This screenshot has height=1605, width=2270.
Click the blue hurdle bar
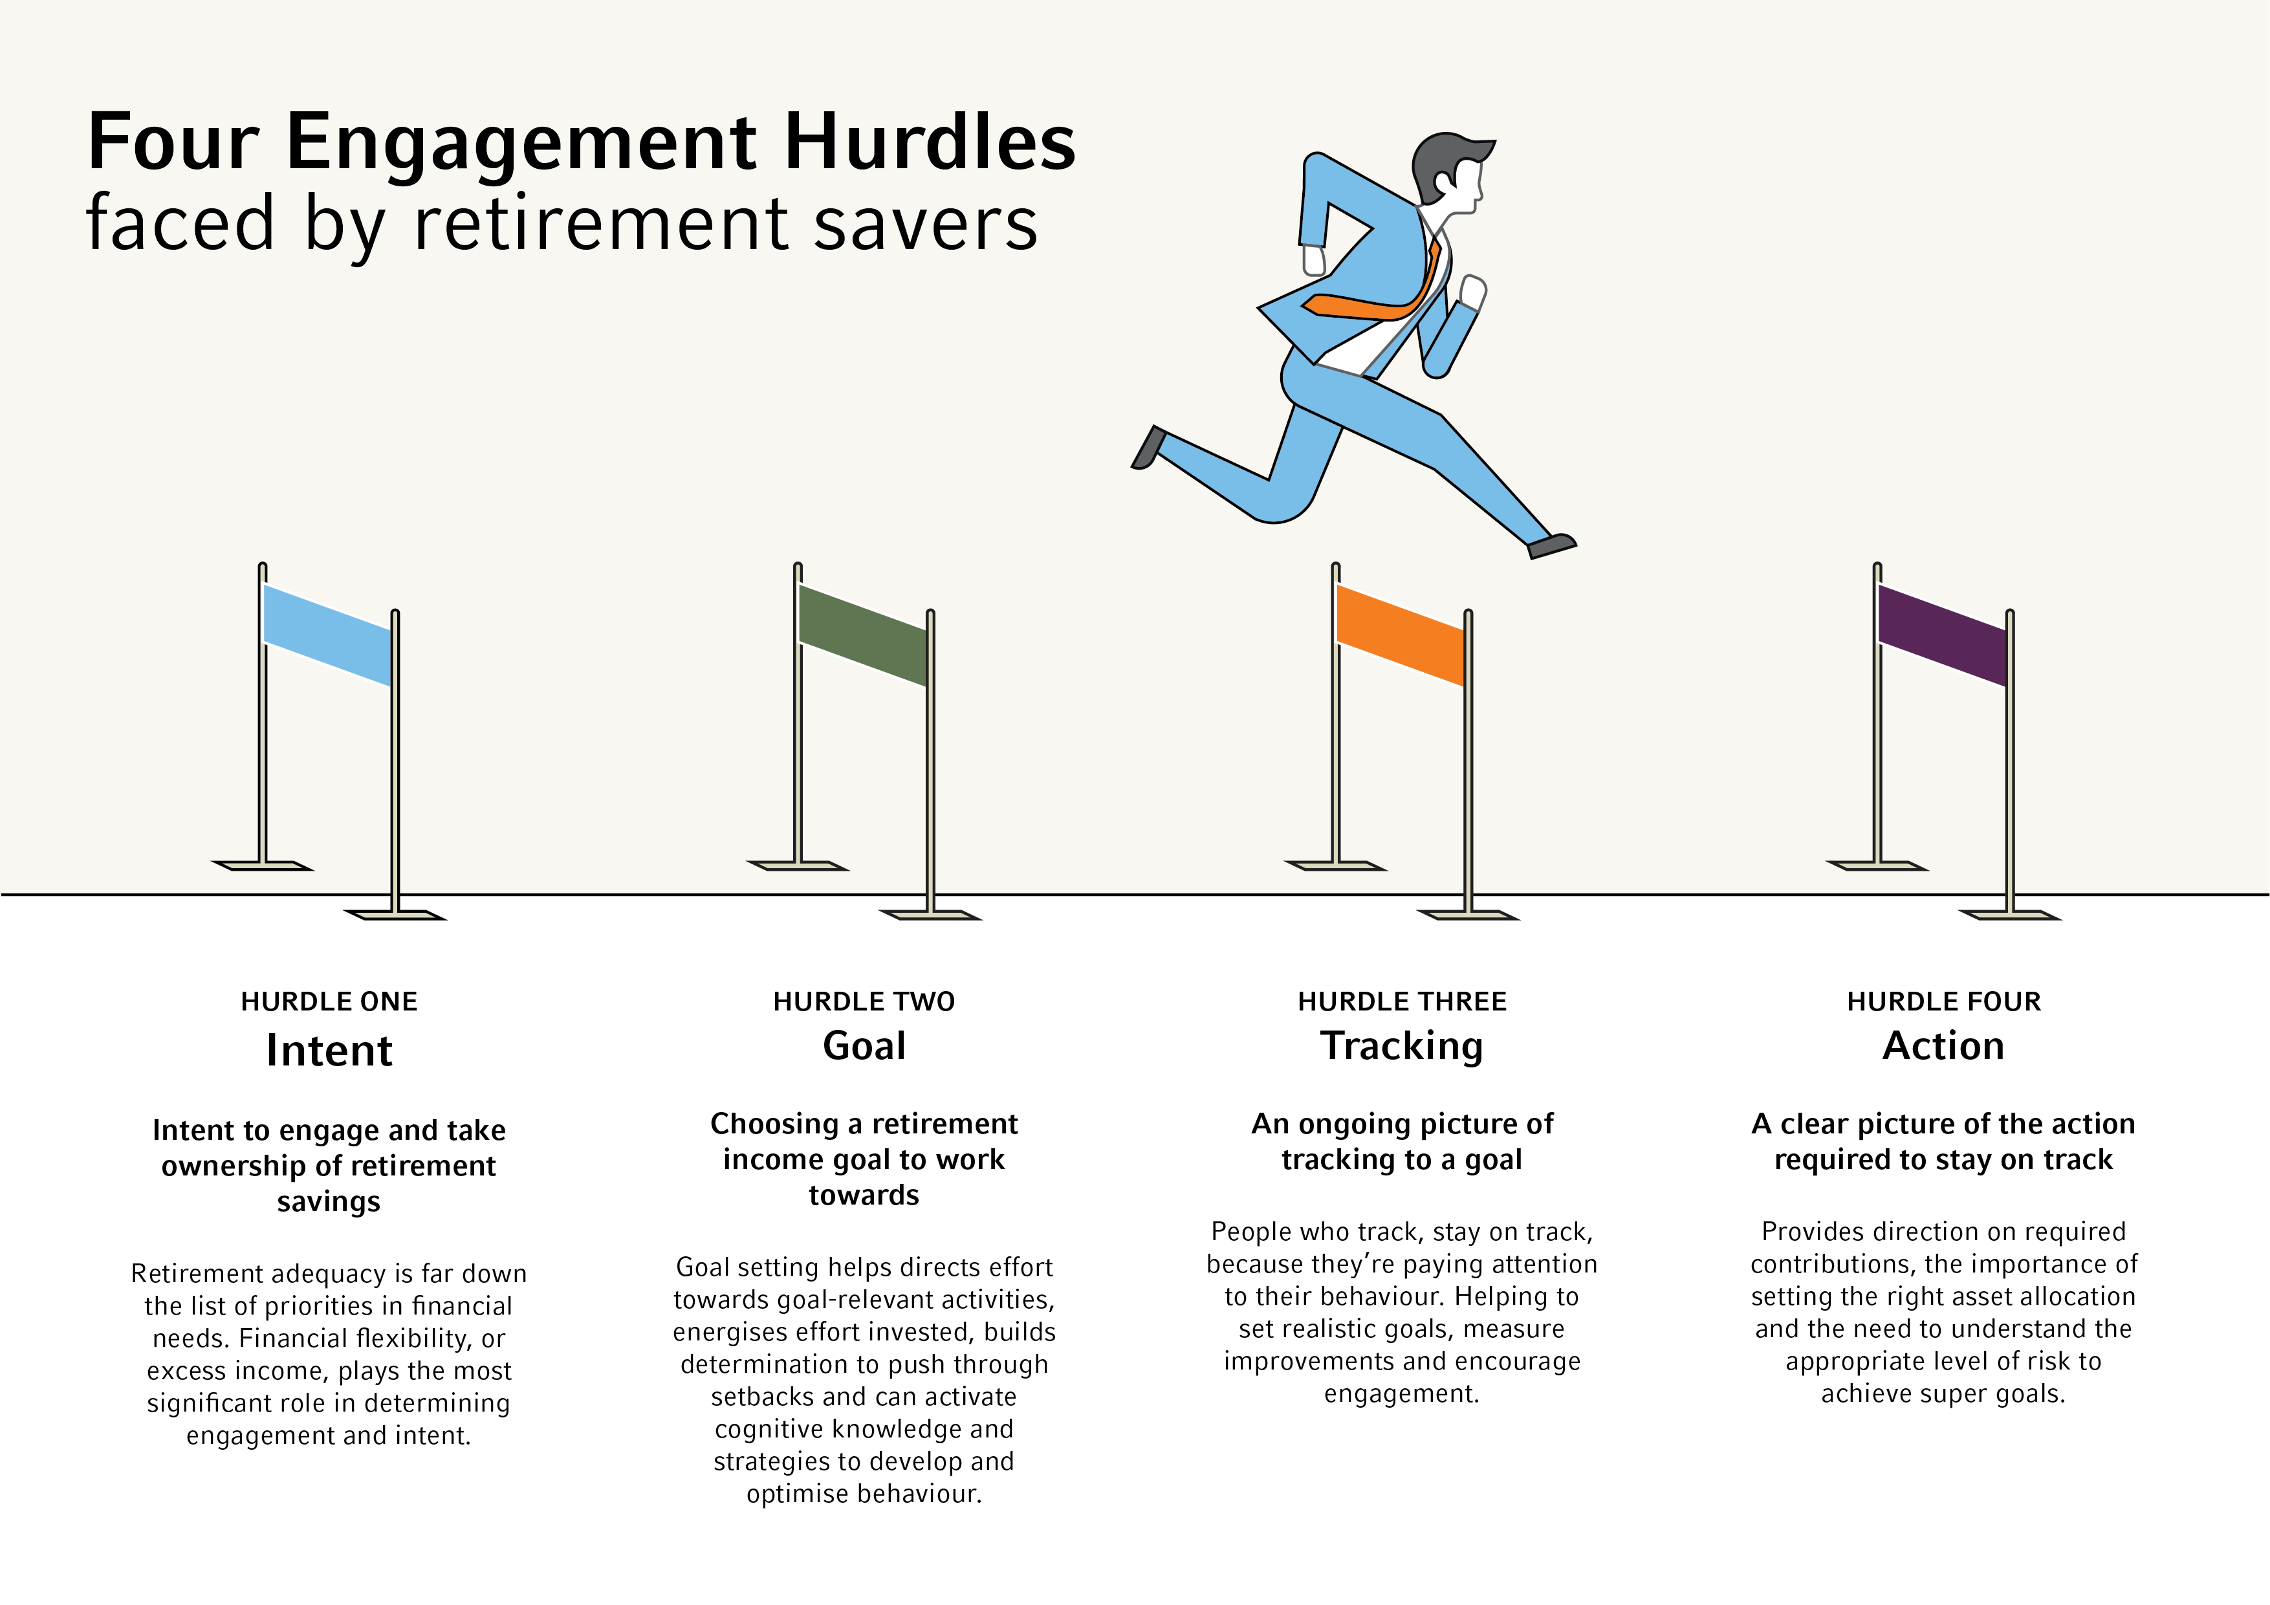[327, 635]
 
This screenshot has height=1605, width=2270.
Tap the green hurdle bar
[862, 635]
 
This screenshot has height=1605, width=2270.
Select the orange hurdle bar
[1400, 635]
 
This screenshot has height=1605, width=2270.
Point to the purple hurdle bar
[1942, 635]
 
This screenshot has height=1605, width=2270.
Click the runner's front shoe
[1551, 545]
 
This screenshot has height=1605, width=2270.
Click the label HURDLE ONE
[329, 1002]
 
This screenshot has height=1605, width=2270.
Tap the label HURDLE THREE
[1402, 1002]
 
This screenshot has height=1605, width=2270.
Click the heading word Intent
[329, 1050]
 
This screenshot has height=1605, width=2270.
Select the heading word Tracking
[1402, 1046]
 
